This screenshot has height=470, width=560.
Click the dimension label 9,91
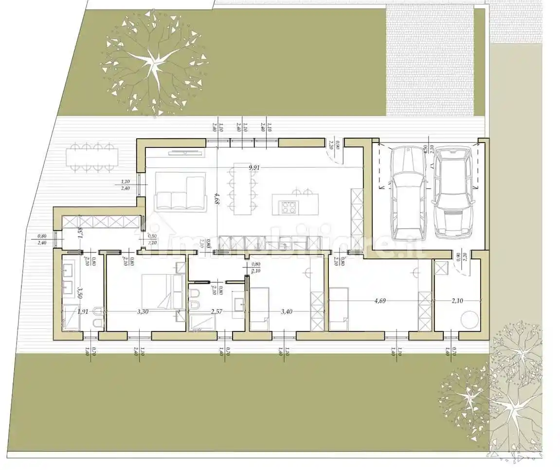[253, 168]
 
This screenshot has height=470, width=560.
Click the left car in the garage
[408, 194]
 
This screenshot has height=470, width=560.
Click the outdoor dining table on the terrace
[93, 157]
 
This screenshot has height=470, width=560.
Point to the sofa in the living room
[180, 192]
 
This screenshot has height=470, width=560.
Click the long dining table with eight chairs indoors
[245, 189]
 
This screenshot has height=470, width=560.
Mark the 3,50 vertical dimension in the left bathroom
[80, 291]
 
